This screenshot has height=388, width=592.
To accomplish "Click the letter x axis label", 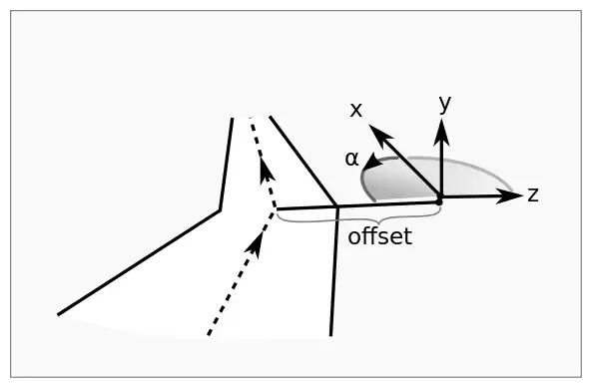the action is [356, 110].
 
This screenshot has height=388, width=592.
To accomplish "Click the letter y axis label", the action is [445, 103].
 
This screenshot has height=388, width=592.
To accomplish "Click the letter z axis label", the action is [533, 194].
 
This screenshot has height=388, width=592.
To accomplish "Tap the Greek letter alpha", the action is [351, 159].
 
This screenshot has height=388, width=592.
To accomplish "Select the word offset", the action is [379, 236].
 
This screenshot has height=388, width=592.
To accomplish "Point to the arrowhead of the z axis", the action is [510, 195].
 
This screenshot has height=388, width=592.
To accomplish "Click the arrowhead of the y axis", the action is [441, 132].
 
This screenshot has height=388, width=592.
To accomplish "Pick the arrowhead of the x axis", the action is [379, 136].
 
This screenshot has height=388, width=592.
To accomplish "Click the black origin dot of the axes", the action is [438, 202].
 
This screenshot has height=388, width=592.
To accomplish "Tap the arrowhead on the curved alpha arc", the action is [372, 162].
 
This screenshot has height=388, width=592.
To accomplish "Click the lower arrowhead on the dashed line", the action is [255, 244].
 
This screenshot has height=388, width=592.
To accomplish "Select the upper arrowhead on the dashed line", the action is [267, 173].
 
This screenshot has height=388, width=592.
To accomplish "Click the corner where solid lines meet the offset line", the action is [337, 206].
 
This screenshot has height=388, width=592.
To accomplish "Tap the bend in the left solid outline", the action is [220, 210].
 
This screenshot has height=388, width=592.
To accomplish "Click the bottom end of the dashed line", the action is [209, 334].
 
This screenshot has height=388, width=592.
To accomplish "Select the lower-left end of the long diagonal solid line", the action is [58, 314].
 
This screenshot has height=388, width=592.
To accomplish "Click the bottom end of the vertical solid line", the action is [331, 335].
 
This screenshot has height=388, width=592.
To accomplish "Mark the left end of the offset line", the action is [278, 208].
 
